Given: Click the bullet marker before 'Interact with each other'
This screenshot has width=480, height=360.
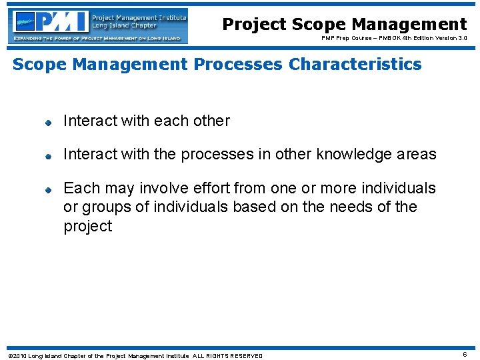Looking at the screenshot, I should (49, 122).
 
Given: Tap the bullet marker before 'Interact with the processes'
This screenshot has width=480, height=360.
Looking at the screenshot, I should (49, 155).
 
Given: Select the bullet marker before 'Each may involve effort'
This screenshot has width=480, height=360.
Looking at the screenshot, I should (49, 189).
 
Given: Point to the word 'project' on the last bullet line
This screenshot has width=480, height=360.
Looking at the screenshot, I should (88, 227).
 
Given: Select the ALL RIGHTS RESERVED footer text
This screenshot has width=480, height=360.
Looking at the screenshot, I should (228, 356).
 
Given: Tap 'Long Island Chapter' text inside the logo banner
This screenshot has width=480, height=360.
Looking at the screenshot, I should (115, 26).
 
